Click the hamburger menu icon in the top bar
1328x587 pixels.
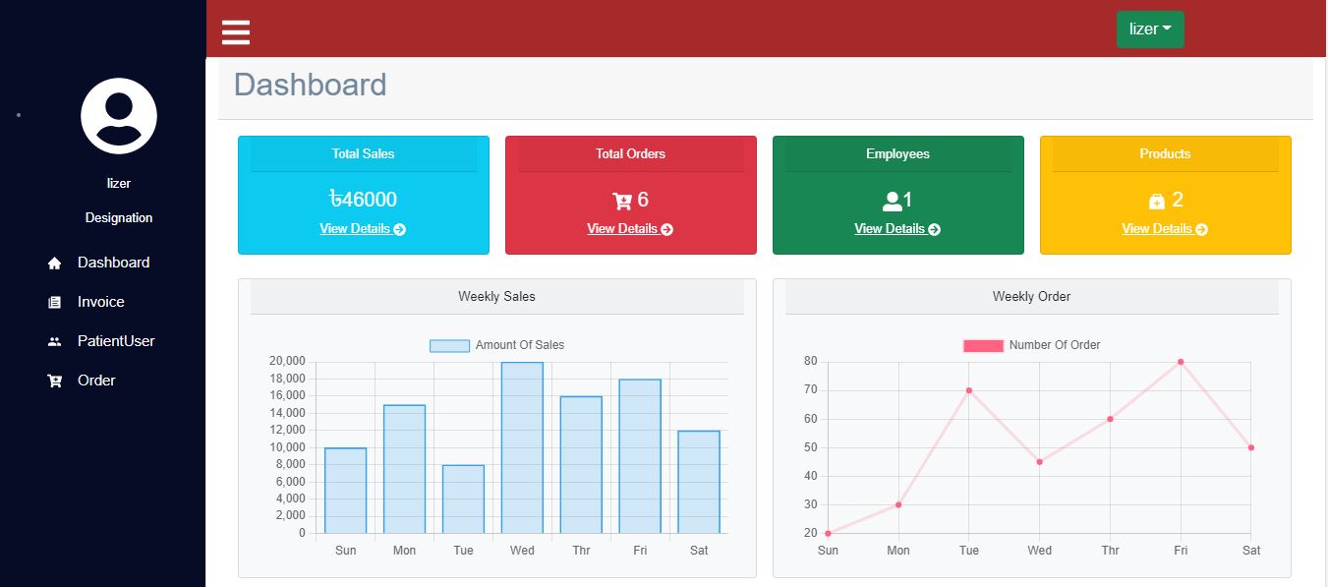(236, 31)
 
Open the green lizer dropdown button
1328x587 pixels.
(1150, 29)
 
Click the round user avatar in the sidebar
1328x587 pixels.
(119, 116)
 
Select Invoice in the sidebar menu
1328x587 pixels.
(100, 302)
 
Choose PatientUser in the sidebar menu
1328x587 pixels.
(116, 341)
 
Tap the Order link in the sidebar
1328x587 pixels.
(96, 381)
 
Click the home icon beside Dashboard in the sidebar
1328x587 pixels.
(55, 264)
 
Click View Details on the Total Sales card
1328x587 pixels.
(363, 229)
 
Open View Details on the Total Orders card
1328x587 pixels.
(630, 229)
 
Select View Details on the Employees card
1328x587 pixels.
(897, 229)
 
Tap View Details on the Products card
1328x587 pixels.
(1165, 229)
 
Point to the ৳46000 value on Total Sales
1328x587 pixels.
(363, 200)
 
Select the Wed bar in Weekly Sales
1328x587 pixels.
(522, 447)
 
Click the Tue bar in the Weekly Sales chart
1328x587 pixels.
(463, 499)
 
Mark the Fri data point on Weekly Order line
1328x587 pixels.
(1181, 362)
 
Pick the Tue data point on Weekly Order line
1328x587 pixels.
(969, 390)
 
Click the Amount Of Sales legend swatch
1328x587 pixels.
(449, 345)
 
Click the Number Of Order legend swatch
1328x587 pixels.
(983, 345)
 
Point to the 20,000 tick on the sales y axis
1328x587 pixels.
(287, 361)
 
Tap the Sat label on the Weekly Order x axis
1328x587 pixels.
(1250, 551)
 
